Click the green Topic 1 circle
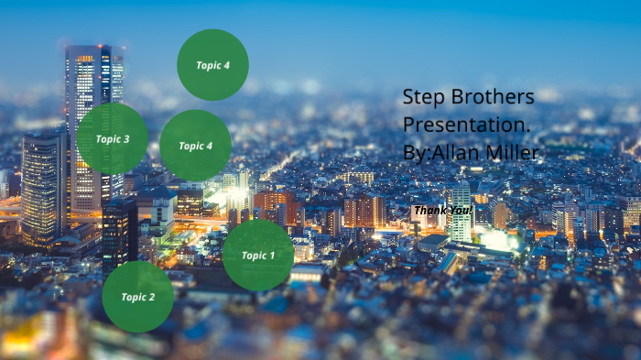[x=258, y=255]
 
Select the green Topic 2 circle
[x=137, y=297]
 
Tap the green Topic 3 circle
[x=113, y=139]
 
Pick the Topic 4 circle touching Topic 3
[x=195, y=146]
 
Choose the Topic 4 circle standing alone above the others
[x=212, y=65]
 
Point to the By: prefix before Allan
[x=415, y=152]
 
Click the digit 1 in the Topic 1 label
[x=271, y=255]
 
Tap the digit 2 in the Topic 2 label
[x=151, y=297]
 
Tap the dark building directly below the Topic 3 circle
[x=119, y=229]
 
